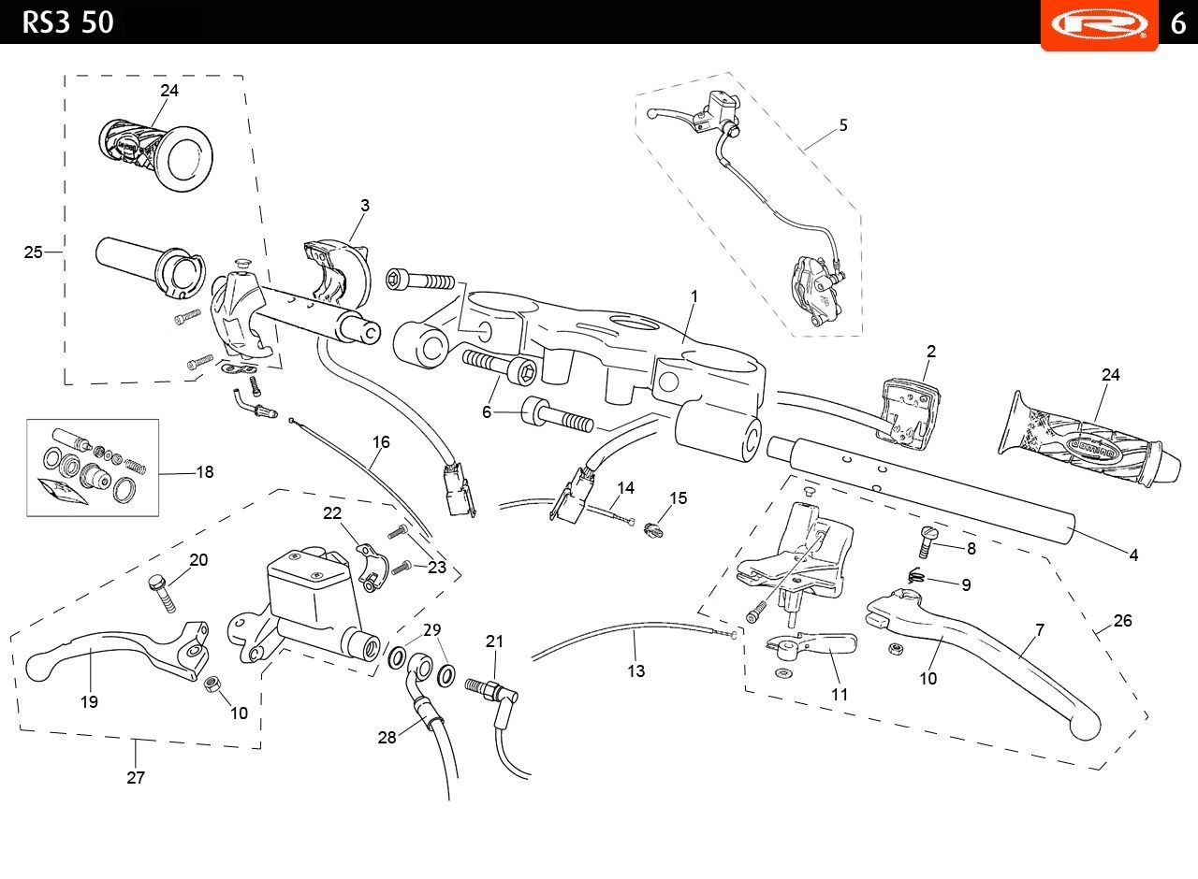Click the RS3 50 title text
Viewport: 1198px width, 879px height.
tap(68, 23)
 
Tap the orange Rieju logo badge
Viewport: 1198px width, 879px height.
tap(1099, 24)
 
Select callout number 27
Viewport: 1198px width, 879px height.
tap(136, 777)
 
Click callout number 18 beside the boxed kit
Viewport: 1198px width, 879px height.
tap(205, 472)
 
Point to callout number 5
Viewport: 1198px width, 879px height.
tap(843, 125)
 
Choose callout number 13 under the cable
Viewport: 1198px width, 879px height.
tap(636, 671)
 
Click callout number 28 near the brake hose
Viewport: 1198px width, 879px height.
tap(387, 738)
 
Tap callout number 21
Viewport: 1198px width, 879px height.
tap(495, 641)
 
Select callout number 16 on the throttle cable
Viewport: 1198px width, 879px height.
tap(381, 442)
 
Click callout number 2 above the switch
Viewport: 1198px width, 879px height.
tap(931, 351)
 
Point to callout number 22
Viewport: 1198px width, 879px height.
tap(332, 513)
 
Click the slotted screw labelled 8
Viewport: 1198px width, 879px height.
tap(928, 540)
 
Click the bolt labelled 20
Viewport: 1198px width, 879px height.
tap(162, 593)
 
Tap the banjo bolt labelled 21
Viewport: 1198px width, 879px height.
tap(491, 690)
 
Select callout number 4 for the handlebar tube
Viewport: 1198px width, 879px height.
tap(1133, 555)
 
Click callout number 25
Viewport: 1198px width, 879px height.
tap(33, 252)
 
